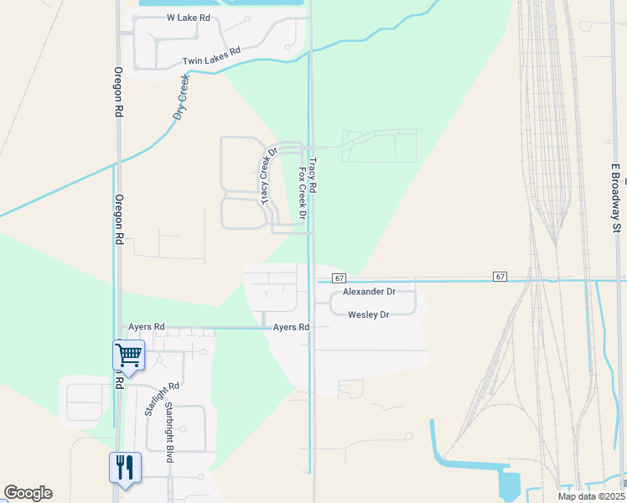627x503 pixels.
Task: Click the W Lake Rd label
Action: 188,17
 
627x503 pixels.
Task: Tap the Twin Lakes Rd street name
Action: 211,56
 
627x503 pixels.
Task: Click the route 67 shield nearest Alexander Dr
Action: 339,277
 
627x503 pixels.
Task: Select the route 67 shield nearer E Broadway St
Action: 500,276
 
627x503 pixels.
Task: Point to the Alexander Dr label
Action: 369,292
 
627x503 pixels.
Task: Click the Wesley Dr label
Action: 369,314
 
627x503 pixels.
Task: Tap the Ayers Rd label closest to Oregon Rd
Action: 147,326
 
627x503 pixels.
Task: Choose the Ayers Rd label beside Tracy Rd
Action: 291,327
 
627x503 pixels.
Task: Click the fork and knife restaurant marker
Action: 125,467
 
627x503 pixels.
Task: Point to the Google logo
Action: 28,493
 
